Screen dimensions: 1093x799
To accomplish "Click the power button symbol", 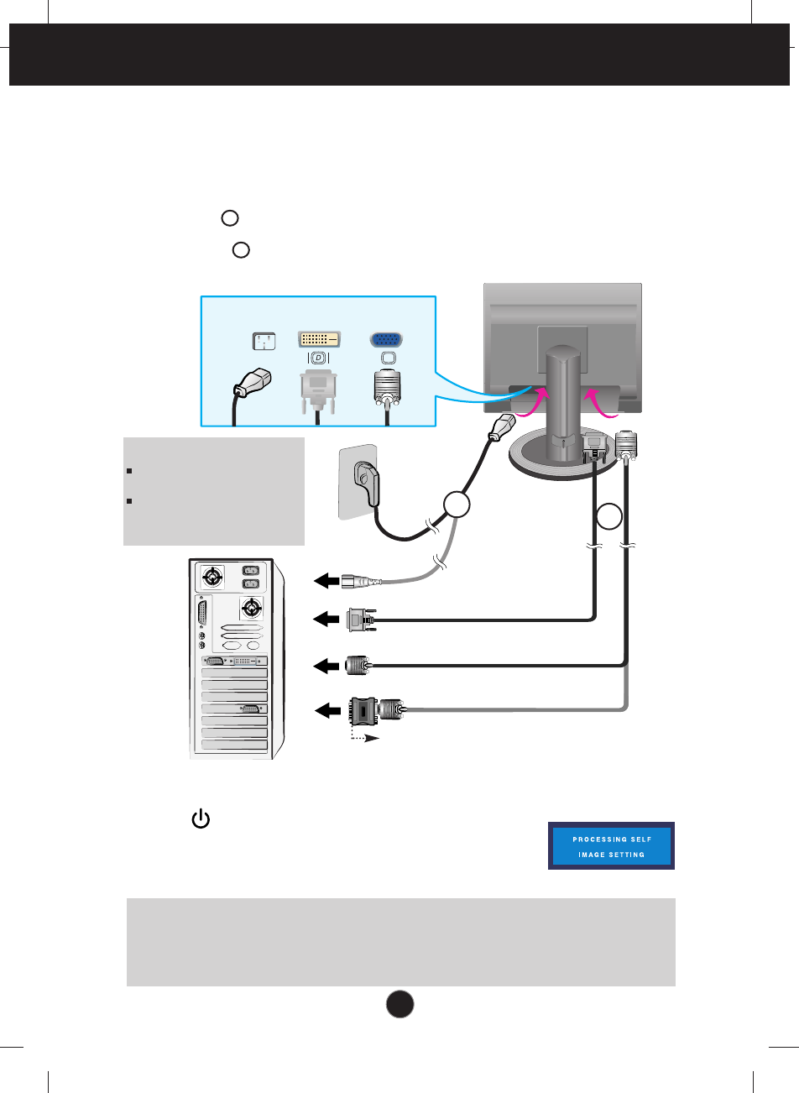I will click(x=201, y=819).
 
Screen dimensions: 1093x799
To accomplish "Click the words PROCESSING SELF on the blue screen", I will click(x=612, y=839).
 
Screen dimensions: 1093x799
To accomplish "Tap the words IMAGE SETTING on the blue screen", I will click(x=612, y=855).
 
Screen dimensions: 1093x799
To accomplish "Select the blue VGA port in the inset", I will click(x=386, y=340).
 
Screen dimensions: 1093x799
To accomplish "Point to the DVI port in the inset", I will click(x=319, y=339).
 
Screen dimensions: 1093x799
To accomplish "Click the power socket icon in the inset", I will click(x=264, y=341).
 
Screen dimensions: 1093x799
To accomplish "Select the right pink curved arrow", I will click(x=601, y=403).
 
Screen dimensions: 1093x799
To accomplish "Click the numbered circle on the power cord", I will click(x=456, y=506).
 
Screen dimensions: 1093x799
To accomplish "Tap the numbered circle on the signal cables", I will click(x=611, y=515).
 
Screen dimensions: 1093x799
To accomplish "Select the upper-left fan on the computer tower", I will click(x=213, y=577).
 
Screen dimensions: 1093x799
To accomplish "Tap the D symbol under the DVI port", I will click(x=319, y=358).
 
